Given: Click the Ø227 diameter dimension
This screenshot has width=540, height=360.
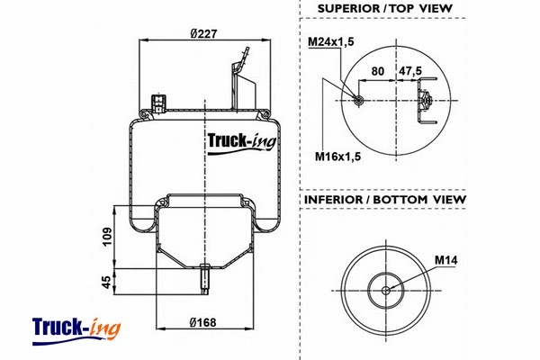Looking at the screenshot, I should [x=204, y=34].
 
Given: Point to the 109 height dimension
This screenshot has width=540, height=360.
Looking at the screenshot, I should [x=107, y=238].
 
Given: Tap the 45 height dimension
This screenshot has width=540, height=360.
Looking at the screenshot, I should [x=107, y=282].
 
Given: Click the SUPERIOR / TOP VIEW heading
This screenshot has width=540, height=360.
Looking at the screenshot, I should [x=384, y=10].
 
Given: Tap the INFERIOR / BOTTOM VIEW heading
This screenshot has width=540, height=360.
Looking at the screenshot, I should [x=384, y=199].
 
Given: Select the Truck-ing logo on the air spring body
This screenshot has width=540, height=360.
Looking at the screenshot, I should [x=242, y=141].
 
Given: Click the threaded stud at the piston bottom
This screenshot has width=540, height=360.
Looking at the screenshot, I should [x=204, y=276].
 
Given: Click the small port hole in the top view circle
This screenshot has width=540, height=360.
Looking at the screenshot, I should [x=358, y=100].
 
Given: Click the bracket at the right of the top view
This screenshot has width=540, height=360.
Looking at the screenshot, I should [x=424, y=100].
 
